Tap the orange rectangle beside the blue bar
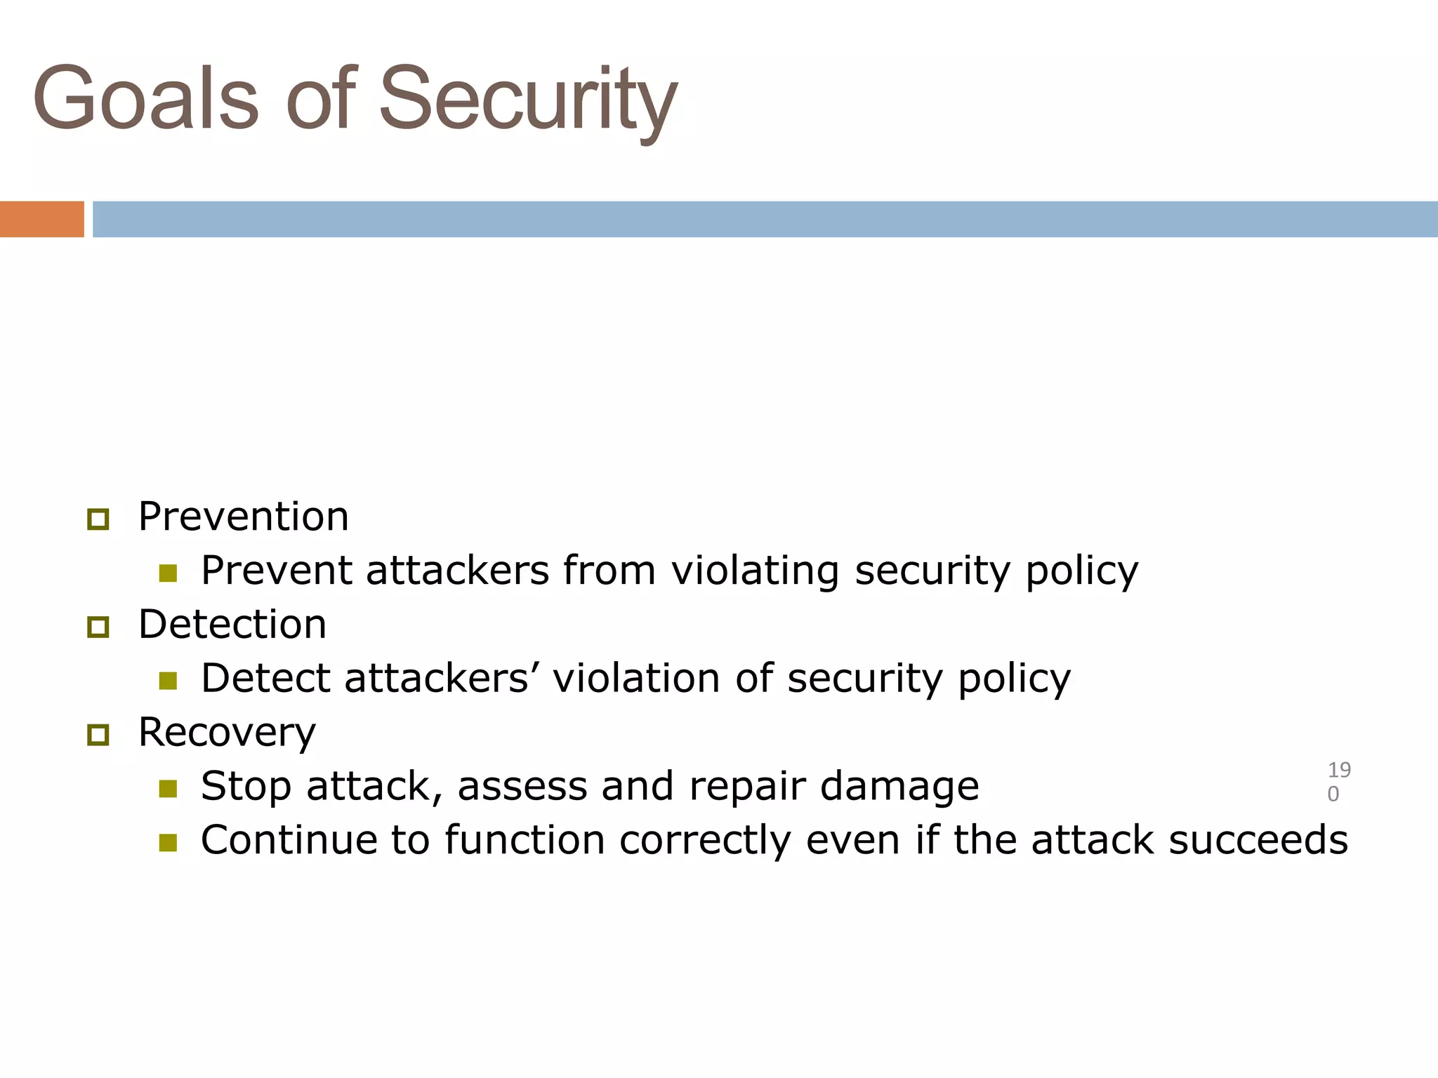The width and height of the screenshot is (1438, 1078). pos(42,219)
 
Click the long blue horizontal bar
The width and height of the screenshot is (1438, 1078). pos(764,219)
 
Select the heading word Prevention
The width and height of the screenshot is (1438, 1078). pos(243,517)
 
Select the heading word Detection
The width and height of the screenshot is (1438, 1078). pos(232,625)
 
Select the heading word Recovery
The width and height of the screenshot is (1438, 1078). pos(227,733)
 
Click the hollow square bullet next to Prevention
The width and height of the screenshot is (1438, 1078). pos(98,519)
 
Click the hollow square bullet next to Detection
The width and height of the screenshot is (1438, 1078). pos(98,627)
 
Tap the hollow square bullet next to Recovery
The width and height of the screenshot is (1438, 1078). pos(98,735)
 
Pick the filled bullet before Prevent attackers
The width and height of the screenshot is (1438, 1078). pos(168,573)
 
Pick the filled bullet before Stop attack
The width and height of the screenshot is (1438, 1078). pos(168,789)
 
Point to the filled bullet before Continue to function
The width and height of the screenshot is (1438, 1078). pos(168,842)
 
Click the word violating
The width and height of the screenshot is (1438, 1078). pos(755,571)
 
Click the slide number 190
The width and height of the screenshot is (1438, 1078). pos(1338,781)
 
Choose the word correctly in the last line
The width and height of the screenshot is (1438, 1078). pos(705,841)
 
